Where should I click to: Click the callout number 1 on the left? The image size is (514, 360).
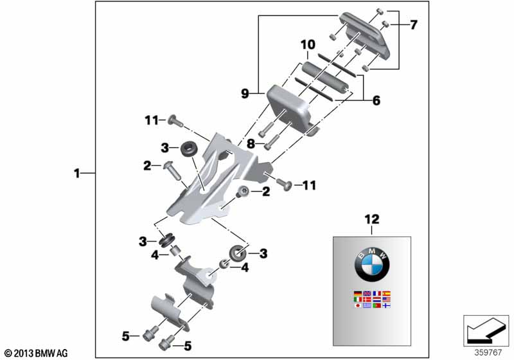77,173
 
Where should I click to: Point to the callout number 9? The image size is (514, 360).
245,93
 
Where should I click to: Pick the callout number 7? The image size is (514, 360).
413,25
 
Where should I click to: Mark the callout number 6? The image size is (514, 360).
377,100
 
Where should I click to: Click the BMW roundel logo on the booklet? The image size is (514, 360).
371,264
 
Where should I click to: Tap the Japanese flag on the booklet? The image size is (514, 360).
357,305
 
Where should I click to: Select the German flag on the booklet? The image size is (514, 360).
357,294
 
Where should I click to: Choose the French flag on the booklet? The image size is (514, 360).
377,294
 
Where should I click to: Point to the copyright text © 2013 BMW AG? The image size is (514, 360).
35,353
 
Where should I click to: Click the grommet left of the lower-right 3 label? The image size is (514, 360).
236,253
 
